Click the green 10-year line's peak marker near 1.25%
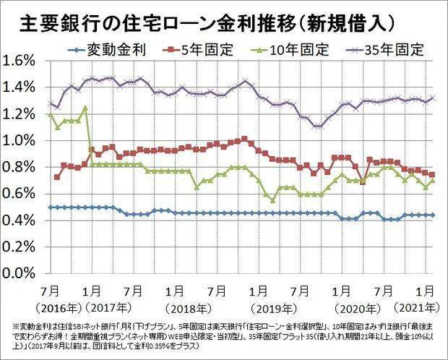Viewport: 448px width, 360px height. coord(85,108)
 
